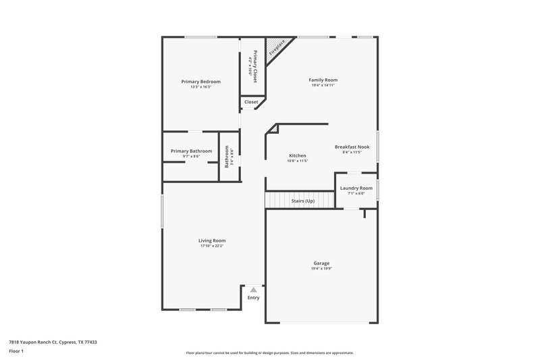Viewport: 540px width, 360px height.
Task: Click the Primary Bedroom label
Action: coord(200,81)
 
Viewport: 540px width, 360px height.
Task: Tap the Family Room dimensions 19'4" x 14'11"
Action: coord(323,86)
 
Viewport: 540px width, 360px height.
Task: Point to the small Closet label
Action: coord(251,102)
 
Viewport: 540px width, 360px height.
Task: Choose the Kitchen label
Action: coord(298,155)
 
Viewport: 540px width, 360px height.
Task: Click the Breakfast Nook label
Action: coord(352,147)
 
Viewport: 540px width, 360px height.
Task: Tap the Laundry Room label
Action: coord(356,188)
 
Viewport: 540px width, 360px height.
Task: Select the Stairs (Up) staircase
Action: coord(300,201)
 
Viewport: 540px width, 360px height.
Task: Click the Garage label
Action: coord(321,263)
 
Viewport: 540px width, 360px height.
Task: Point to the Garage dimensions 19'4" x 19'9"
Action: coord(321,269)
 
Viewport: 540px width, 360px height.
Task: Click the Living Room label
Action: coord(212,240)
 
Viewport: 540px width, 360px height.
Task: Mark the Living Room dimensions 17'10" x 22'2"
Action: coord(212,247)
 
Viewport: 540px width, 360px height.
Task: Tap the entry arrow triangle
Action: coord(253,289)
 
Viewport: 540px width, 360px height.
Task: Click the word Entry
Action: coord(253,298)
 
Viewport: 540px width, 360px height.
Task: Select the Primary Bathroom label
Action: coord(191,151)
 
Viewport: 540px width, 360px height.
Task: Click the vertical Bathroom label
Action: coord(227,157)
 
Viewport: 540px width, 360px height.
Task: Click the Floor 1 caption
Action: coord(16,351)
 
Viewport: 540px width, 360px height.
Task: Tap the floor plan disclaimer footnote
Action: coord(269,353)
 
